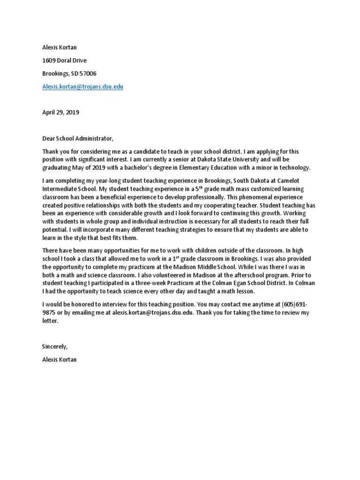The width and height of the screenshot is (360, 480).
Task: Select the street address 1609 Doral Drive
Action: [64, 60]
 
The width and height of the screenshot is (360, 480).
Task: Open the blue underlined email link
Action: [83, 87]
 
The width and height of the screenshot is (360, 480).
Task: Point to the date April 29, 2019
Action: [60, 112]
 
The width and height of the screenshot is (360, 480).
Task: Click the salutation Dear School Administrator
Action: [78, 138]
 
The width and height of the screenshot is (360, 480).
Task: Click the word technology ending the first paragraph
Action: [295, 168]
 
